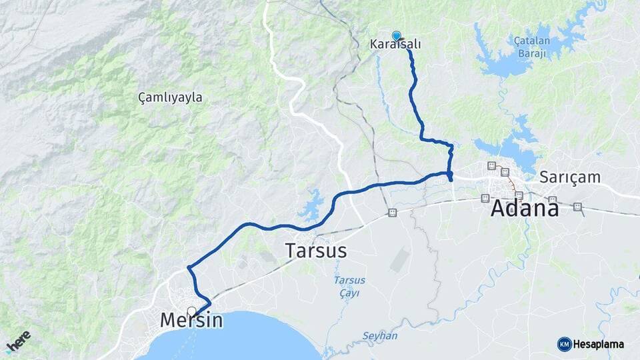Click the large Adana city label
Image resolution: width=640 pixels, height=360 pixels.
pos(525,209)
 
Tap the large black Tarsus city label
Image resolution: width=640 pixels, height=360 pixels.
pos(316,251)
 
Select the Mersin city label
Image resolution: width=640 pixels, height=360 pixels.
pos(191,321)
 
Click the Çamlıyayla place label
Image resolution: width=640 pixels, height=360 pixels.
pos(170,97)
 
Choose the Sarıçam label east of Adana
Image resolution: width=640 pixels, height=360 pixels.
pos(570,177)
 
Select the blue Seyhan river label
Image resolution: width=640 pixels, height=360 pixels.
pos(380,335)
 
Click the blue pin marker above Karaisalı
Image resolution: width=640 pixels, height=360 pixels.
pos(397,35)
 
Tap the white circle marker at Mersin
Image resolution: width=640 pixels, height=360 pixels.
pos(192,311)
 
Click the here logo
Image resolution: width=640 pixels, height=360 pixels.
pos(18,341)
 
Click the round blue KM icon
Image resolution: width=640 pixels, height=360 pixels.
pos(564,344)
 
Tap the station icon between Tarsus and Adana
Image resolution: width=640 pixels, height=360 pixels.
pos(392,213)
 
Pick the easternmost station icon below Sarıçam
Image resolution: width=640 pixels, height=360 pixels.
pos(577,207)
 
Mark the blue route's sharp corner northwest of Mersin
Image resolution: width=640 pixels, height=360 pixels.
pos(189,268)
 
